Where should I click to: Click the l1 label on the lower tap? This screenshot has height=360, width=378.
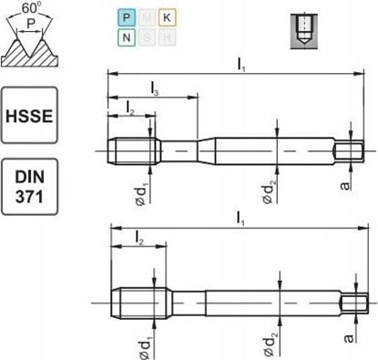tap(242, 219)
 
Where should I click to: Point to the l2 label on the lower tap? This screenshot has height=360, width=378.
tap(138, 239)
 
